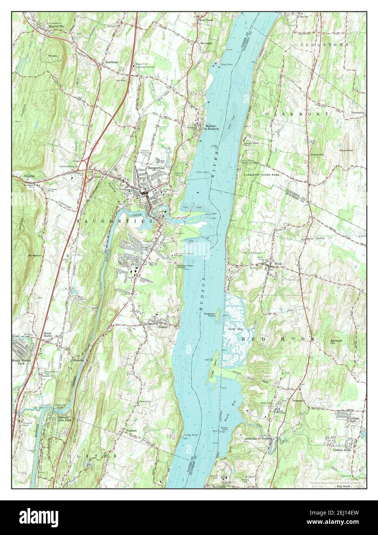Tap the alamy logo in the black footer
35,518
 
